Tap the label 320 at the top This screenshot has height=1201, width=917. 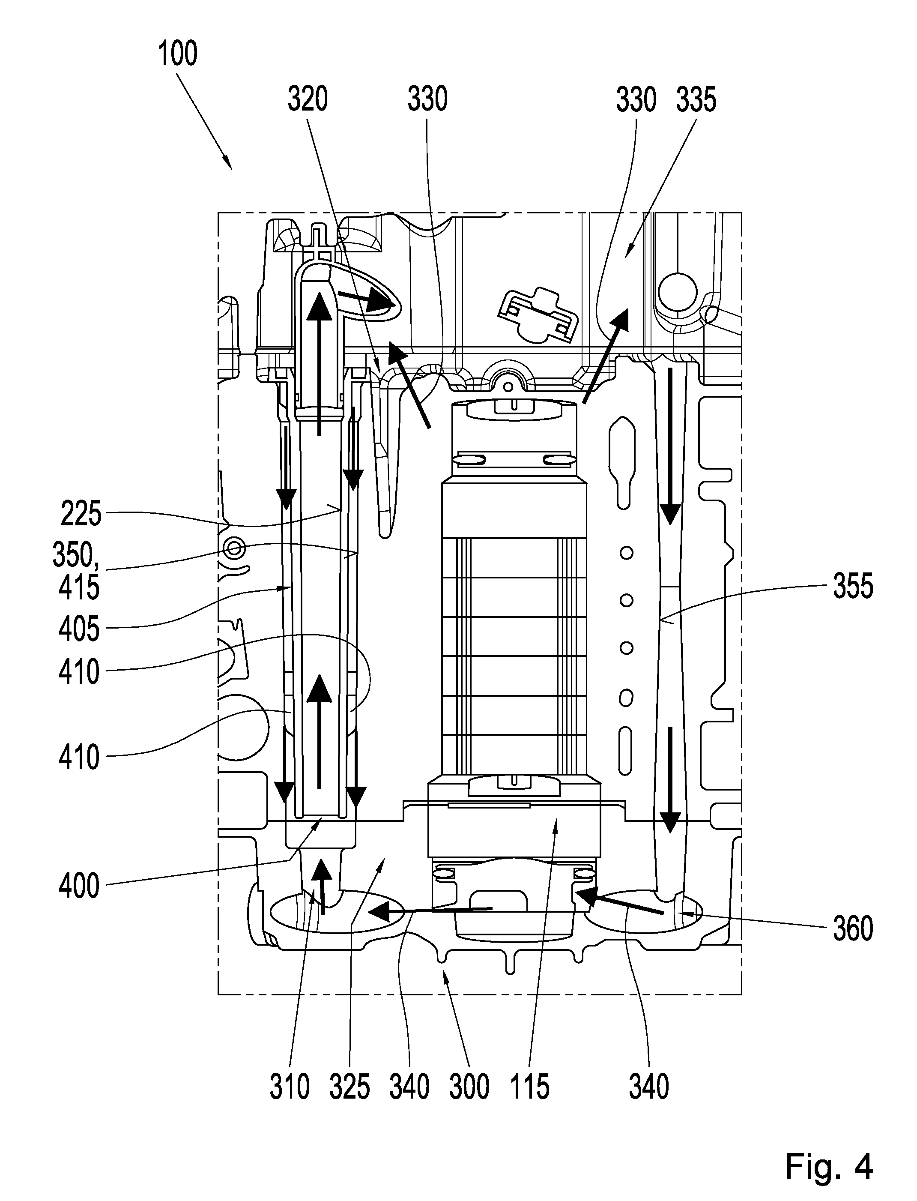click(308, 100)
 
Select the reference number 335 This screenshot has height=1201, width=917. click(696, 100)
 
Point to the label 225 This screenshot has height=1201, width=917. click(81, 514)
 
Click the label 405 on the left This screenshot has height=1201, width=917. click(80, 630)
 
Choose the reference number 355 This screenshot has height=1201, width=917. click(853, 587)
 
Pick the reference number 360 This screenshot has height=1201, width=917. click(853, 928)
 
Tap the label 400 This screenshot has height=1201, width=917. click(80, 886)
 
